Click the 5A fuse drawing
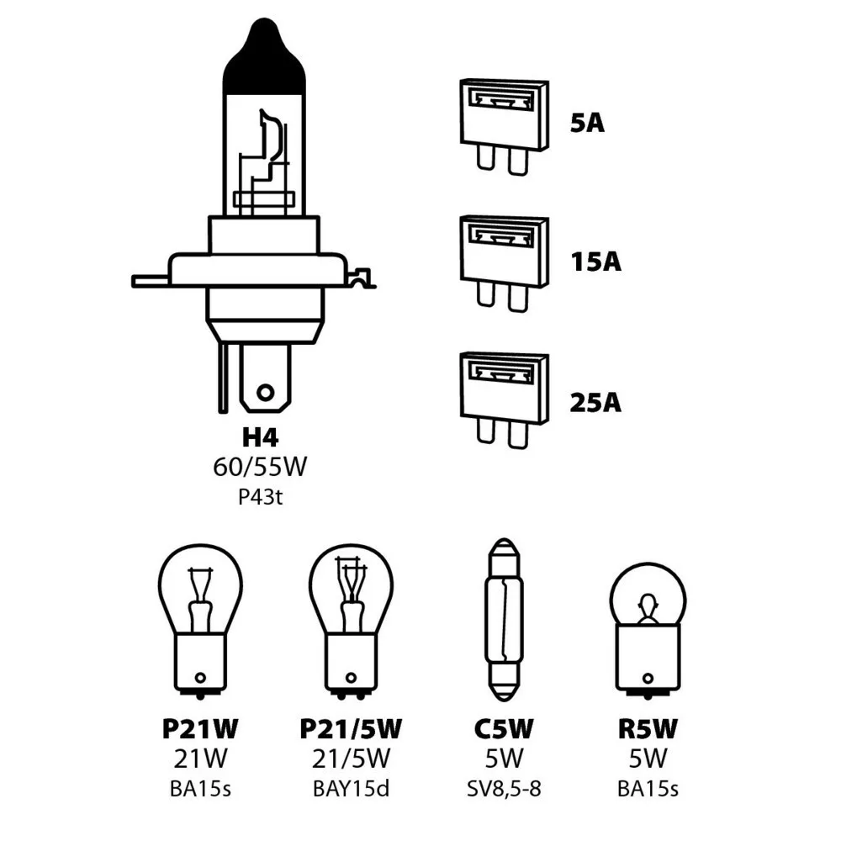pyautogui.click(x=503, y=126)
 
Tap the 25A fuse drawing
pyautogui.click(x=503, y=399)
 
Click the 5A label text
pyautogui.click(x=587, y=124)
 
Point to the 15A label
pyautogui.click(x=595, y=262)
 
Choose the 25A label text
pyautogui.click(x=595, y=403)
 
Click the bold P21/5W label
pyautogui.click(x=351, y=728)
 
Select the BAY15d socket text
pyautogui.click(x=351, y=789)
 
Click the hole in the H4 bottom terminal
pyautogui.click(x=266, y=392)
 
